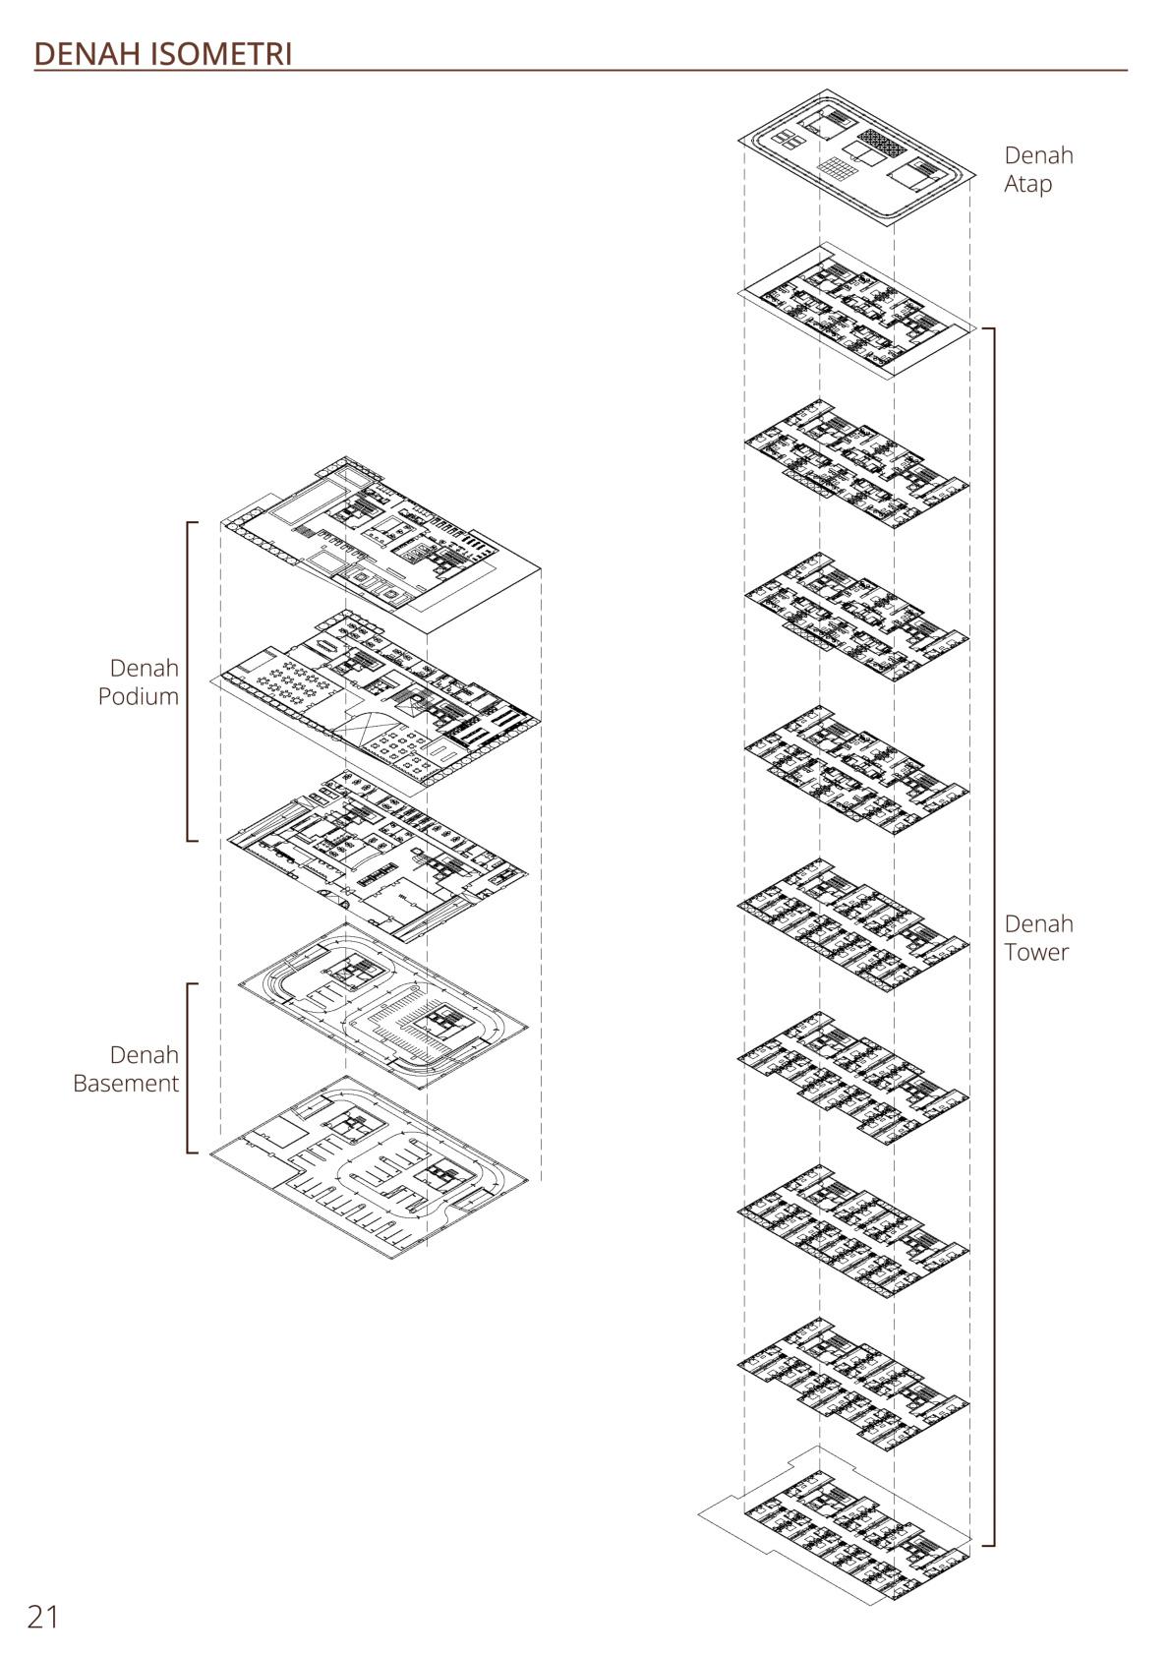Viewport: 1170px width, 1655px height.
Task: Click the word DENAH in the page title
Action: pos(88,54)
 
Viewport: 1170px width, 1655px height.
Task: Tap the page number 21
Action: pos(43,1617)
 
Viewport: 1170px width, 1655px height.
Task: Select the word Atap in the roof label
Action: pos(1027,184)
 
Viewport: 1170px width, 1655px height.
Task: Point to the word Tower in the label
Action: pos(1035,952)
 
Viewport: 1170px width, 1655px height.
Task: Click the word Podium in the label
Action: pos(138,696)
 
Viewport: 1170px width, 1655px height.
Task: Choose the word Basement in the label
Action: pos(126,1083)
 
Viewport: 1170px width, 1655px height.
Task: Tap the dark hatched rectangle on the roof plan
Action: pos(879,144)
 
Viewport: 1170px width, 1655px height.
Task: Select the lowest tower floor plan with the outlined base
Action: pos(846,1534)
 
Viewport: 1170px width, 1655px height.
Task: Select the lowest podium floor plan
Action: pos(379,856)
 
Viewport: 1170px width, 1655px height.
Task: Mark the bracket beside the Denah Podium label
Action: pos(188,681)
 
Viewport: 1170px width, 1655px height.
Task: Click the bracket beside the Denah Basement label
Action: pos(188,1067)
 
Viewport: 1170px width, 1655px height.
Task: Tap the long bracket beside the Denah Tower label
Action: pos(993,934)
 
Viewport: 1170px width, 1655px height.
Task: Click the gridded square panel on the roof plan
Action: pos(837,173)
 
